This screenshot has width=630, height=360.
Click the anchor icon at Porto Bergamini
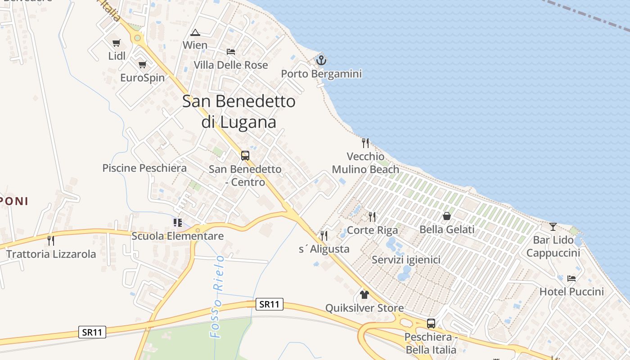[x=321, y=59]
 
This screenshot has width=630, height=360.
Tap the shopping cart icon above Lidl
[x=117, y=43]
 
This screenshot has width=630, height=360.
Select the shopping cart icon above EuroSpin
[x=143, y=64]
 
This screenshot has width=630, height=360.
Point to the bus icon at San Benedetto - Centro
[x=245, y=156]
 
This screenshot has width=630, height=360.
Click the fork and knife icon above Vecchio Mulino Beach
[x=365, y=143]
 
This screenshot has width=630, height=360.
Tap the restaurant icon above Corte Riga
[x=372, y=216]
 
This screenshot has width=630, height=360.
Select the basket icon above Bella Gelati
[x=447, y=216]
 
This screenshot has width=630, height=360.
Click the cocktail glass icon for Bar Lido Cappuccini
[x=553, y=226]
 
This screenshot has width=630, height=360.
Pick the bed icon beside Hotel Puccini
[x=571, y=278]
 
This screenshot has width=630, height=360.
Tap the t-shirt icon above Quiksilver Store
[x=364, y=295]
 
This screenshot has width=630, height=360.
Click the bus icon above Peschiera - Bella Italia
[x=431, y=323]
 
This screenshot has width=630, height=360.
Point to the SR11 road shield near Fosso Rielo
[x=269, y=304]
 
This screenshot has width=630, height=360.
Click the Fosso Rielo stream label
[x=217, y=297]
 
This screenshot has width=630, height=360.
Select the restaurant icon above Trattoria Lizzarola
[x=51, y=241]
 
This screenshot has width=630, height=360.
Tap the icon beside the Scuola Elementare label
[x=178, y=223]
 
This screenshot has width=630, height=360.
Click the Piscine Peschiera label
[x=144, y=168]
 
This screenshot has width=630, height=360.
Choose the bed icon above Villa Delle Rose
[x=231, y=52]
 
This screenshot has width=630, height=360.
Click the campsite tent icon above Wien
[x=195, y=32]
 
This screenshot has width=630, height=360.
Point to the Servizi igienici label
[x=406, y=260]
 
